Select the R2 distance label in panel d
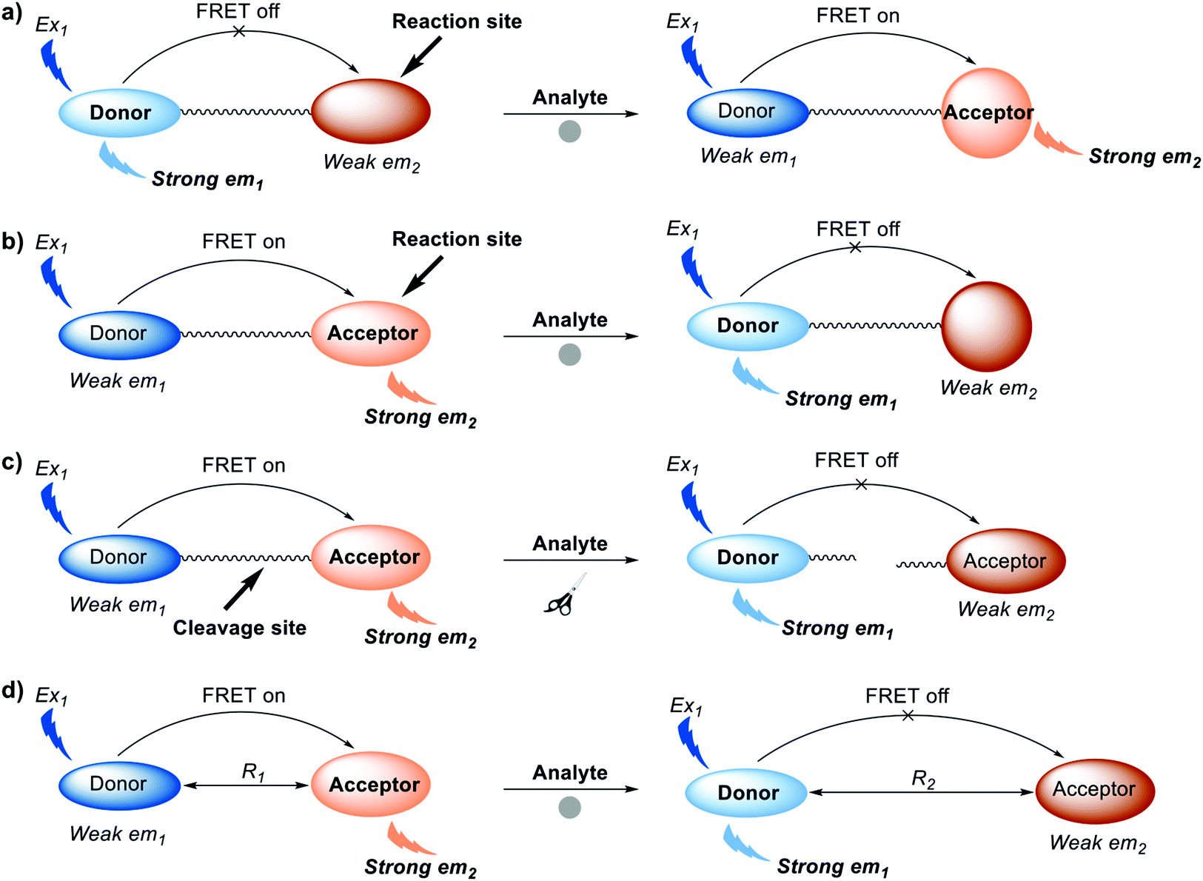click(923, 780)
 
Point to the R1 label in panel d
click(252, 772)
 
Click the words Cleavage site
click(239, 628)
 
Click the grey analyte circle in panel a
click(569, 132)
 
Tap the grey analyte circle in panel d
click(569, 807)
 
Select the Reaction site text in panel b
click(457, 239)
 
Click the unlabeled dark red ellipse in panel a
click(370, 111)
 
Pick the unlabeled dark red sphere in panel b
click(986, 326)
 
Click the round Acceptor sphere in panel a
click(986, 113)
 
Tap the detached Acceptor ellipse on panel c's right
click(1005, 561)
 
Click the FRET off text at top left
click(238, 11)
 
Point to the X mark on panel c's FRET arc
click(861, 484)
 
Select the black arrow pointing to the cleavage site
click(243, 589)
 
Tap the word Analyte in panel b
click(570, 320)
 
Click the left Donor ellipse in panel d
click(119, 784)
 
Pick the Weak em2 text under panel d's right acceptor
click(1097, 843)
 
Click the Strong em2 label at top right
click(1144, 157)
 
